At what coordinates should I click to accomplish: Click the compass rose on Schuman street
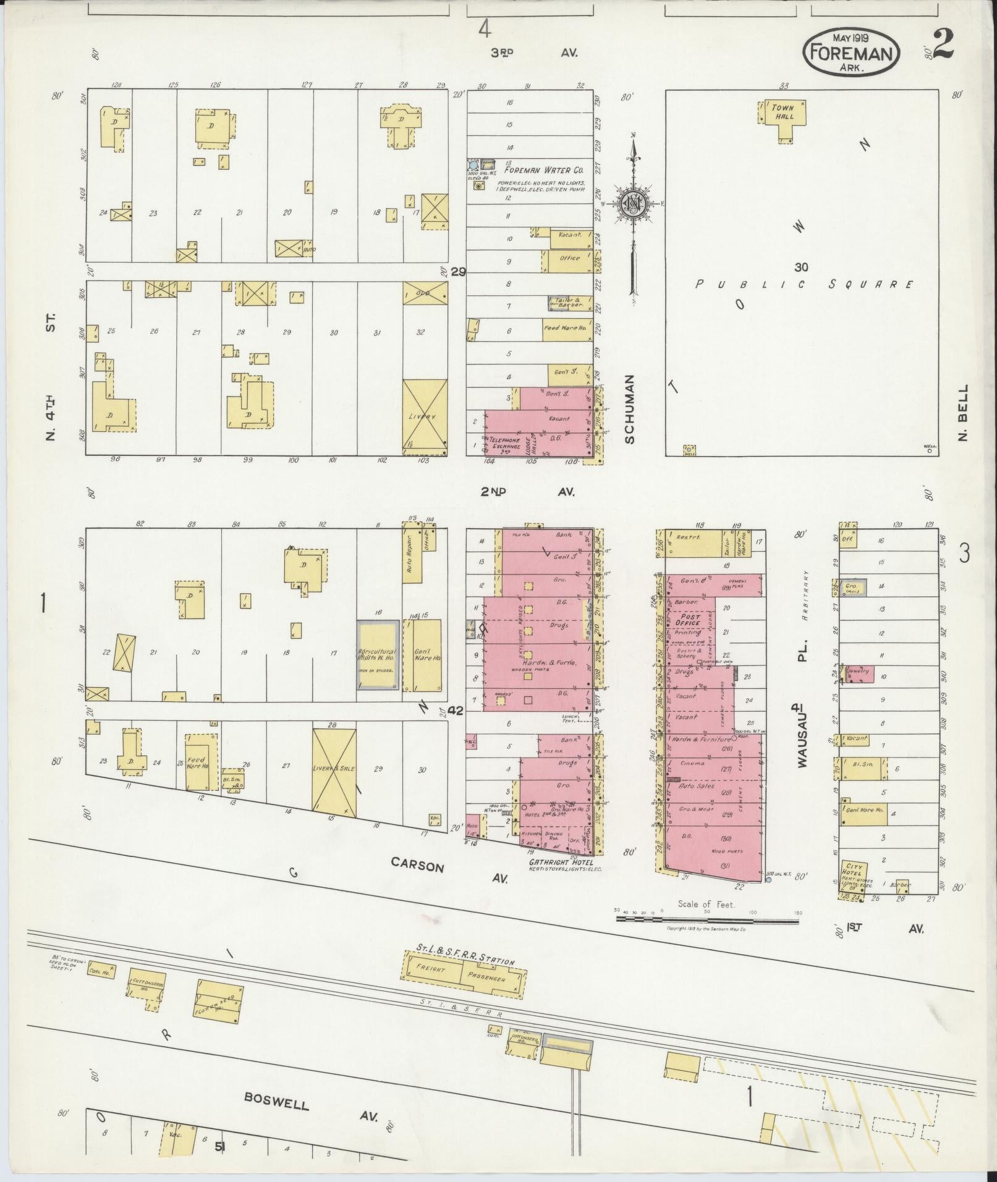634,203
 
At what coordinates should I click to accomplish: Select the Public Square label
804,285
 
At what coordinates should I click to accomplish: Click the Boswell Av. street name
276,1101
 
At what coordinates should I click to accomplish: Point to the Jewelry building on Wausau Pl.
858,671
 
